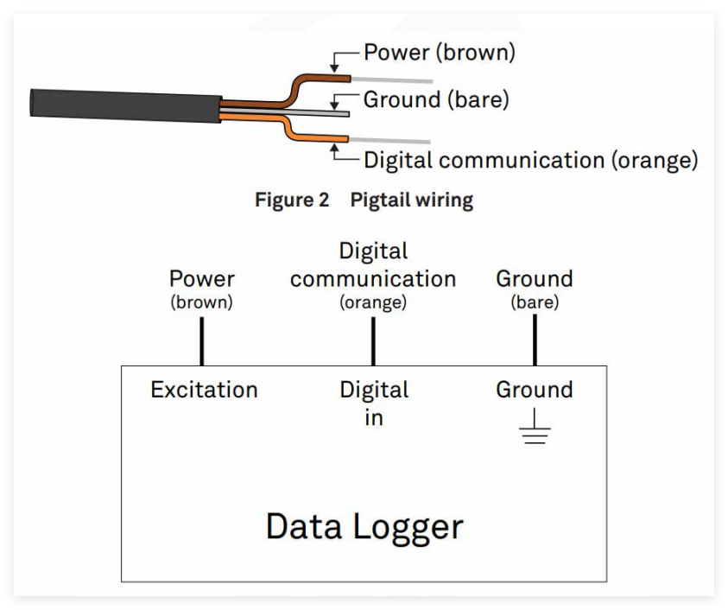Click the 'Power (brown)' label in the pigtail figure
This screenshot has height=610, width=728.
439,53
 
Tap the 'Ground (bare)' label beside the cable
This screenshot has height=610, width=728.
436,99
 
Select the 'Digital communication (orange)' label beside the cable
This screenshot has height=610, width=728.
530,160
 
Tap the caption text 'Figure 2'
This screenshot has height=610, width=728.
292,200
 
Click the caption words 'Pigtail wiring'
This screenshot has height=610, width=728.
412,200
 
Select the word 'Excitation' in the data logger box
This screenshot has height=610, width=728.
204,390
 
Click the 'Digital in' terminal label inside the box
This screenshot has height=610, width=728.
373,403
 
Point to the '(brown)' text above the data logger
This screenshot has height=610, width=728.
202,302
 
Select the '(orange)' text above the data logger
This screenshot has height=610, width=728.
373,302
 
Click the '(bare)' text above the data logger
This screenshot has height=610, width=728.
535,302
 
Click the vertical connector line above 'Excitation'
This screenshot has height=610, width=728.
202,340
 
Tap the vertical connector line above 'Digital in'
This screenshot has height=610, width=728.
373,340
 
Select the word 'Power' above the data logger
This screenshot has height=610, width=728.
202,279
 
